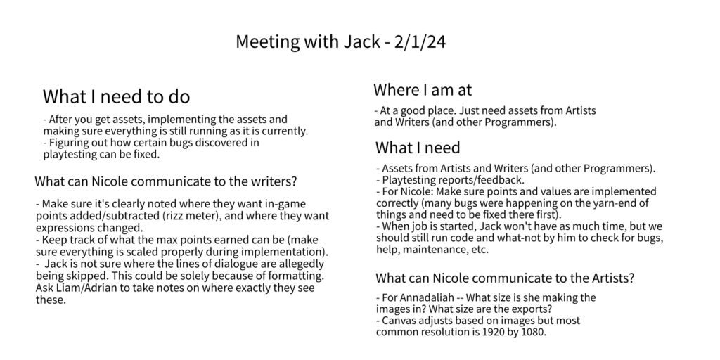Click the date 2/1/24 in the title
420,41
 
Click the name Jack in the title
361,41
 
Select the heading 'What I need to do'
116,96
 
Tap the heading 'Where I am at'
423,89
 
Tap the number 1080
533,332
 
